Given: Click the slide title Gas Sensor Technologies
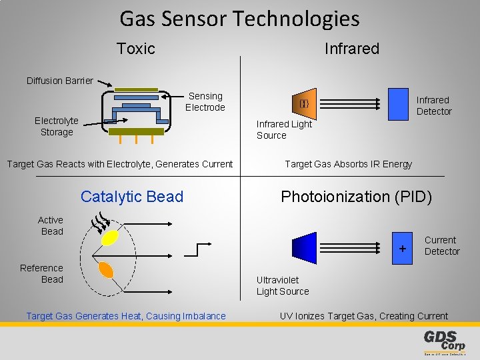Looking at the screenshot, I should tap(239, 19).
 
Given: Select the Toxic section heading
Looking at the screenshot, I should tap(135, 49).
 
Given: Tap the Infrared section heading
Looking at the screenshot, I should tap(351, 49).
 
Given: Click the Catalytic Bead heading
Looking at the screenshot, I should tap(131, 197).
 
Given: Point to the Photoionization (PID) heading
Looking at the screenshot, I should tap(356, 197).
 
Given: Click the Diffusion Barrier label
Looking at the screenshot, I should tap(60, 81).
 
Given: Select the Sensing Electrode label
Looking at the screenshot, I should tap(205, 102).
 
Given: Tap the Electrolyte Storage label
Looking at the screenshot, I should tap(57, 126).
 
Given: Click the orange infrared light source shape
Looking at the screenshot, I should tap(303, 103).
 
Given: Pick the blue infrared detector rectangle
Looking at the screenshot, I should tap(398, 104).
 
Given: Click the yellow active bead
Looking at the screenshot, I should tap(110, 239).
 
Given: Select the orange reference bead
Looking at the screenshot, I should tap(105, 270).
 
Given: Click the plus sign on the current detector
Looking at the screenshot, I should tap(402, 248).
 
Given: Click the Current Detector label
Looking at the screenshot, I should tap(441, 245).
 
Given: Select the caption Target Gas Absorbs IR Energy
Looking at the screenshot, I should tap(348, 164).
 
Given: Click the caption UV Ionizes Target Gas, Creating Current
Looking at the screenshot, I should tap(363, 316).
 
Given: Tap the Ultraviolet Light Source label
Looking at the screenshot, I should tap(283, 285).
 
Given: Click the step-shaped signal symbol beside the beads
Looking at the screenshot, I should tap(191, 249).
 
